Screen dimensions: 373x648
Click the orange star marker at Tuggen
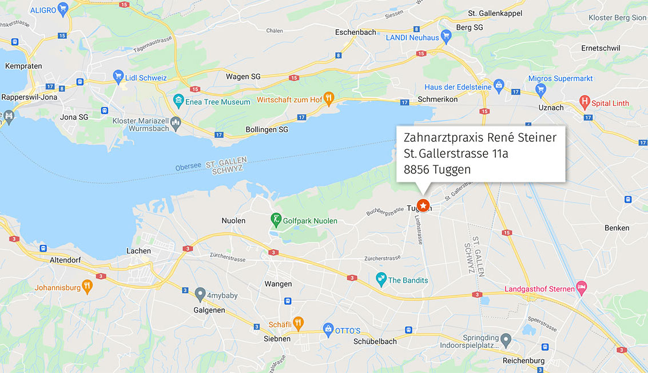423,205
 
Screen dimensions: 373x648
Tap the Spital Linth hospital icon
584,103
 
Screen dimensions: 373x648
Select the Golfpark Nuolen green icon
276,220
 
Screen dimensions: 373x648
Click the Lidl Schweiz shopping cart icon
118,77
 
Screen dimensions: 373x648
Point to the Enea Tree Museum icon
179,101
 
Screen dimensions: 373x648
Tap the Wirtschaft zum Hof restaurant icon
328,99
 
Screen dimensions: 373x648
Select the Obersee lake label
188,166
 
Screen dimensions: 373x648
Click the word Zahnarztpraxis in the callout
445,137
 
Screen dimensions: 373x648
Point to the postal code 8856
416,169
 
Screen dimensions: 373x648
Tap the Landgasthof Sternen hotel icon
582,288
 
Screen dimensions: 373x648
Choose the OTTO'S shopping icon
328,330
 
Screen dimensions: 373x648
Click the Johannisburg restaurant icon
87,287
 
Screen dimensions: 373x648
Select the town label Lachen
138,251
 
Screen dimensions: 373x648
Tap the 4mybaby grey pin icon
200,294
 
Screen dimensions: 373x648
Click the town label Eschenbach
356,32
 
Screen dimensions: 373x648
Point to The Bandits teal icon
381,279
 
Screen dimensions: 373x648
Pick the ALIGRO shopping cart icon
63,9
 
